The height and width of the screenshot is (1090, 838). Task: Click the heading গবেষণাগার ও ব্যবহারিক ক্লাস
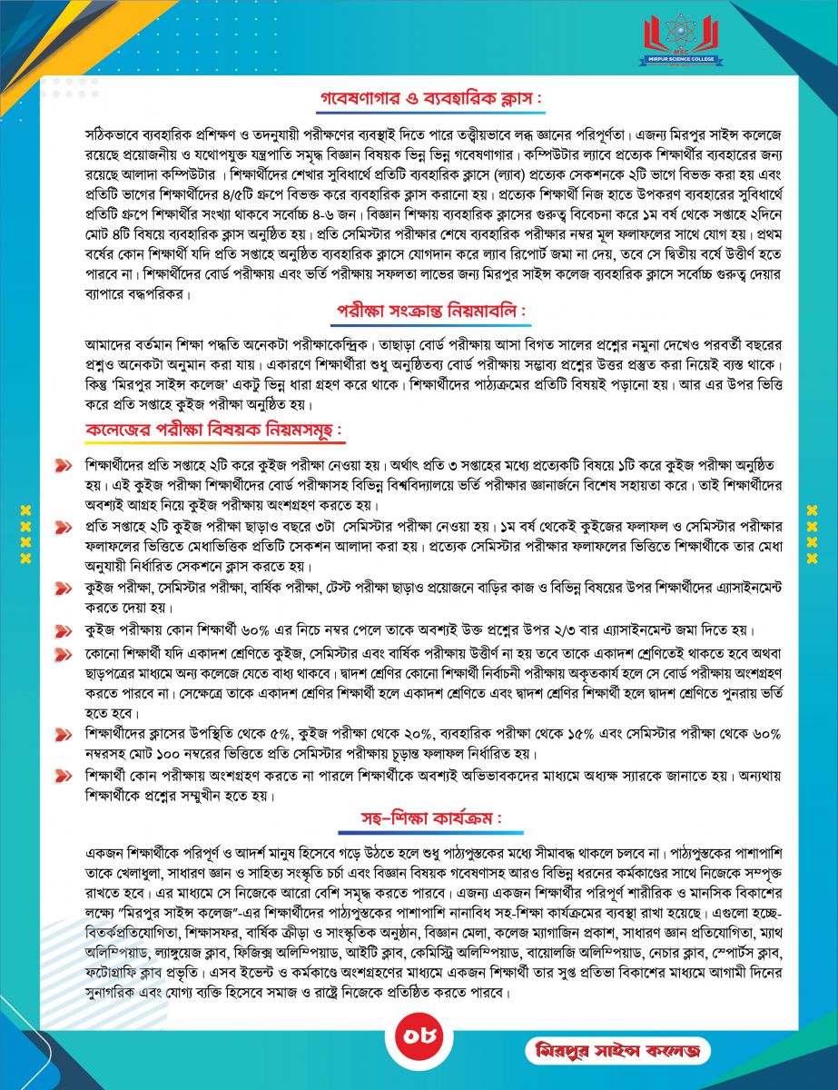click(x=418, y=96)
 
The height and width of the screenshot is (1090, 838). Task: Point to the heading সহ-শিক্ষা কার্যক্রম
click(x=418, y=820)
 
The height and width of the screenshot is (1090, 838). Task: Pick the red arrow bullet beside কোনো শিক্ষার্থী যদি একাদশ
click(x=63, y=654)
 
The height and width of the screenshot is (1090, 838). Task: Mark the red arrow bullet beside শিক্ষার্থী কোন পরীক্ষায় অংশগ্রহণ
click(x=63, y=775)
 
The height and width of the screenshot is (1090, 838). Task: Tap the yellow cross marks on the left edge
click(x=26, y=532)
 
